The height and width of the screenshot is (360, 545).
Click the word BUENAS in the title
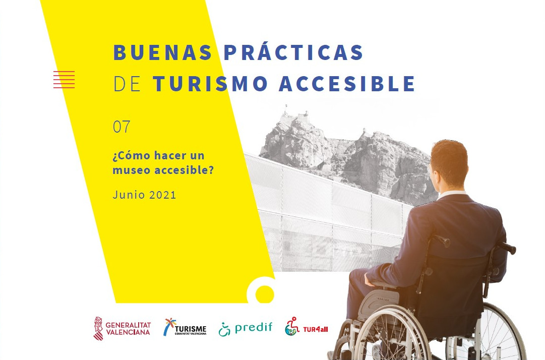click(x=162, y=52)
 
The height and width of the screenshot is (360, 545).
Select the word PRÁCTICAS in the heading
click(x=293, y=52)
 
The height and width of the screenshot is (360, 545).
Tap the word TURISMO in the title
click(x=210, y=83)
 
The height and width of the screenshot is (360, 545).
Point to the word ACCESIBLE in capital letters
click(x=347, y=83)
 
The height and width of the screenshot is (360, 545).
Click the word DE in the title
click(x=127, y=83)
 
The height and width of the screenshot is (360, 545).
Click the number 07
click(x=122, y=127)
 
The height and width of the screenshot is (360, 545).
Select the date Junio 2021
click(x=144, y=195)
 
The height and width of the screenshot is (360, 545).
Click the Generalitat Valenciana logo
click(x=122, y=328)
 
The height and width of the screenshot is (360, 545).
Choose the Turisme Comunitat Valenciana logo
click(x=185, y=327)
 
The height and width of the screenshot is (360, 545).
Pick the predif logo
click(x=246, y=328)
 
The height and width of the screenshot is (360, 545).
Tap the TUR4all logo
click(x=306, y=327)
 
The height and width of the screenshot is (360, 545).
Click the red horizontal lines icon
click(x=64, y=79)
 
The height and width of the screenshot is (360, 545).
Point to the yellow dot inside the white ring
click(x=264, y=294)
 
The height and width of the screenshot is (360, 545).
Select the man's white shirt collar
click(x=451, y=195)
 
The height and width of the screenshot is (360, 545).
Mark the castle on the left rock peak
click(x=295, y=113)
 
